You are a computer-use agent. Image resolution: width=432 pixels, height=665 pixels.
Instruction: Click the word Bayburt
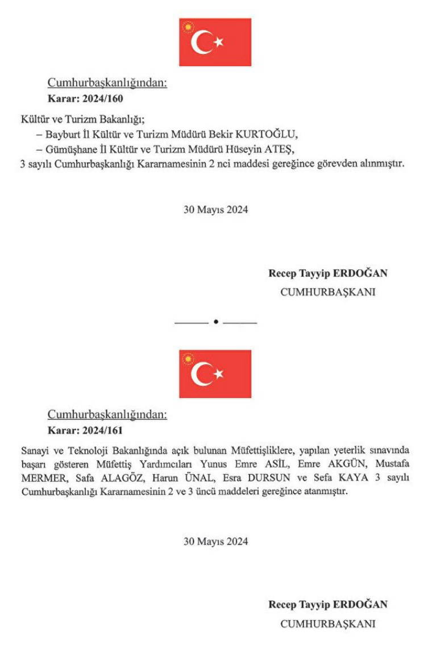point(62,135)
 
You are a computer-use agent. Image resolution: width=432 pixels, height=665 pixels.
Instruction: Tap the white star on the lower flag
point(219,373)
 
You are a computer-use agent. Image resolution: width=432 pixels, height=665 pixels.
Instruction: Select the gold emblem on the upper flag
point(188,27)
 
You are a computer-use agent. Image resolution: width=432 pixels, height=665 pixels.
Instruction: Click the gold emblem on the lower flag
point(188,359)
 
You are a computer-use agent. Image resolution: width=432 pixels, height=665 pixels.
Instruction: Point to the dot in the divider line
point(216,322)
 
